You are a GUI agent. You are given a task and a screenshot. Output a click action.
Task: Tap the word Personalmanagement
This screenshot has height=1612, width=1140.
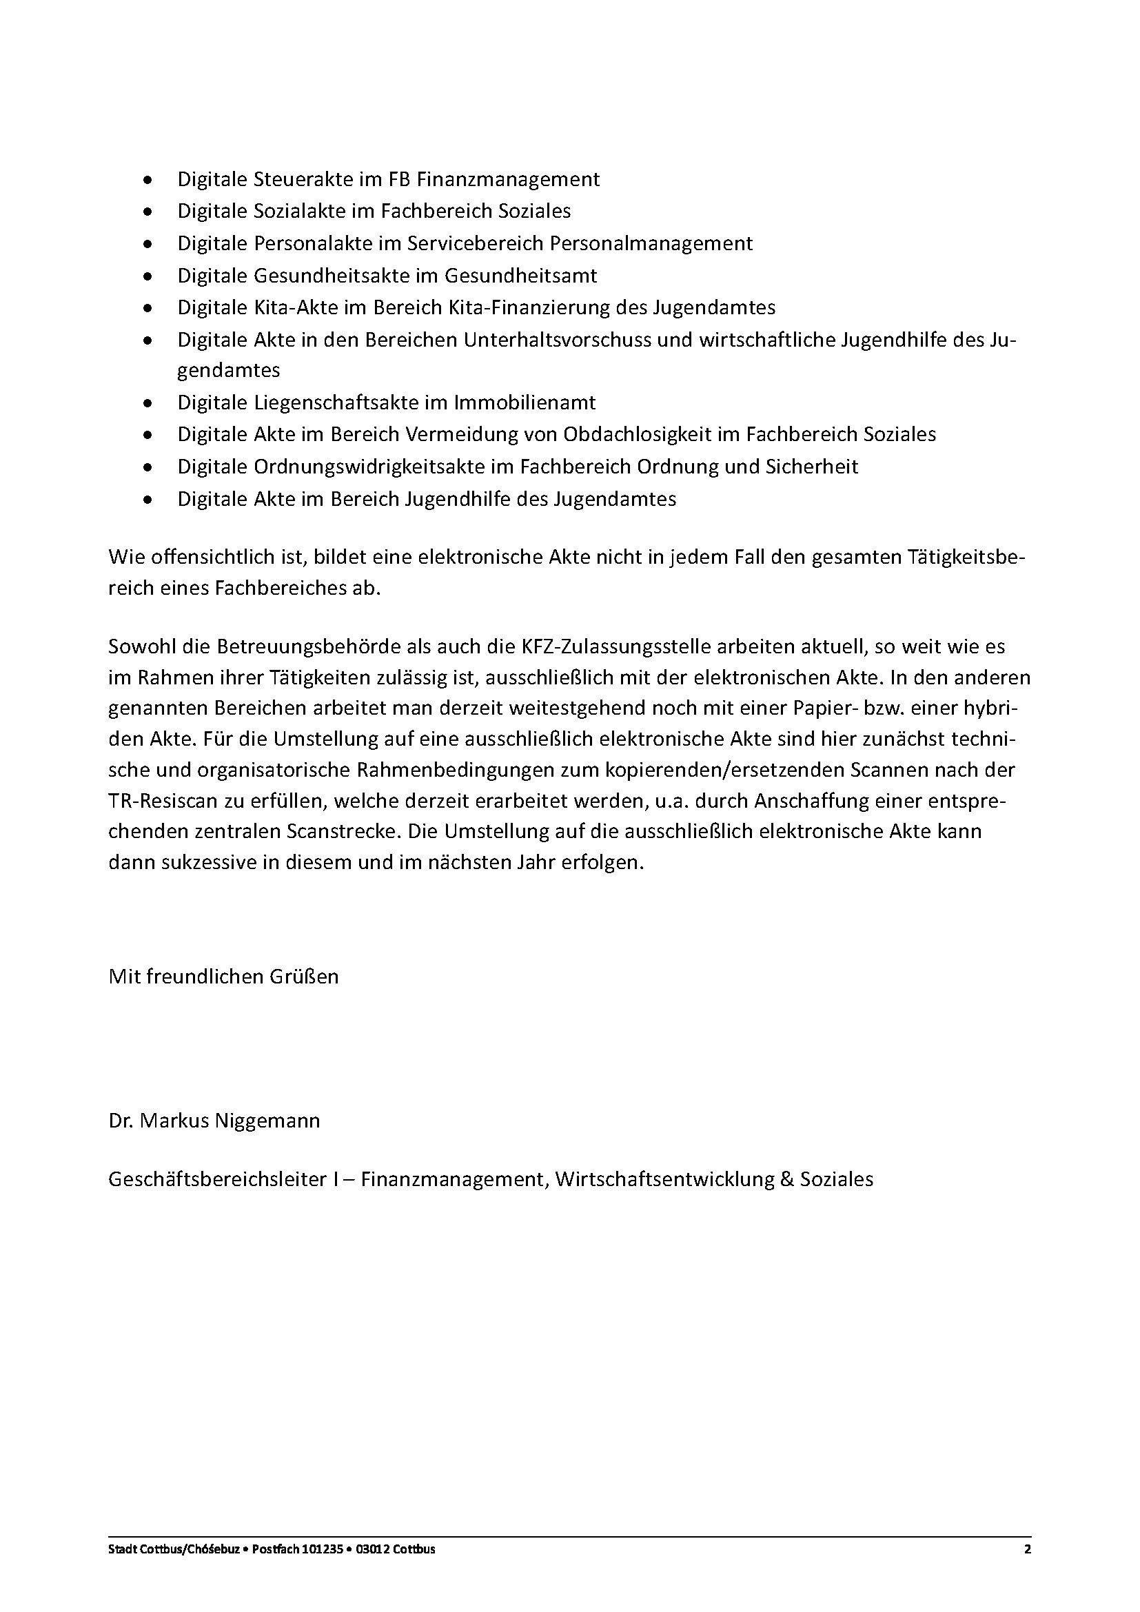[x=651, y=243]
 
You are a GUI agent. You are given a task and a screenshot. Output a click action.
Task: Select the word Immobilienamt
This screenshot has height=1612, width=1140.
[x=525, y=403]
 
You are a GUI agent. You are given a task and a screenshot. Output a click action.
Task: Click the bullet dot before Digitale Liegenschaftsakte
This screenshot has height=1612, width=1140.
[x=147, y=404]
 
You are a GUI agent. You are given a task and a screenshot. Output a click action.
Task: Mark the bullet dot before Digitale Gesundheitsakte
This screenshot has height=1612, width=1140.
[x=147, y=276]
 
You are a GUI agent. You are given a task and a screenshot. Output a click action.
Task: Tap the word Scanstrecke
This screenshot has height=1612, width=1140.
[x=343, y=832]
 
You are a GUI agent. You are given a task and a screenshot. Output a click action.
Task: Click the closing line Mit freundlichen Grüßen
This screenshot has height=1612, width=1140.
[x=223, y=977]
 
